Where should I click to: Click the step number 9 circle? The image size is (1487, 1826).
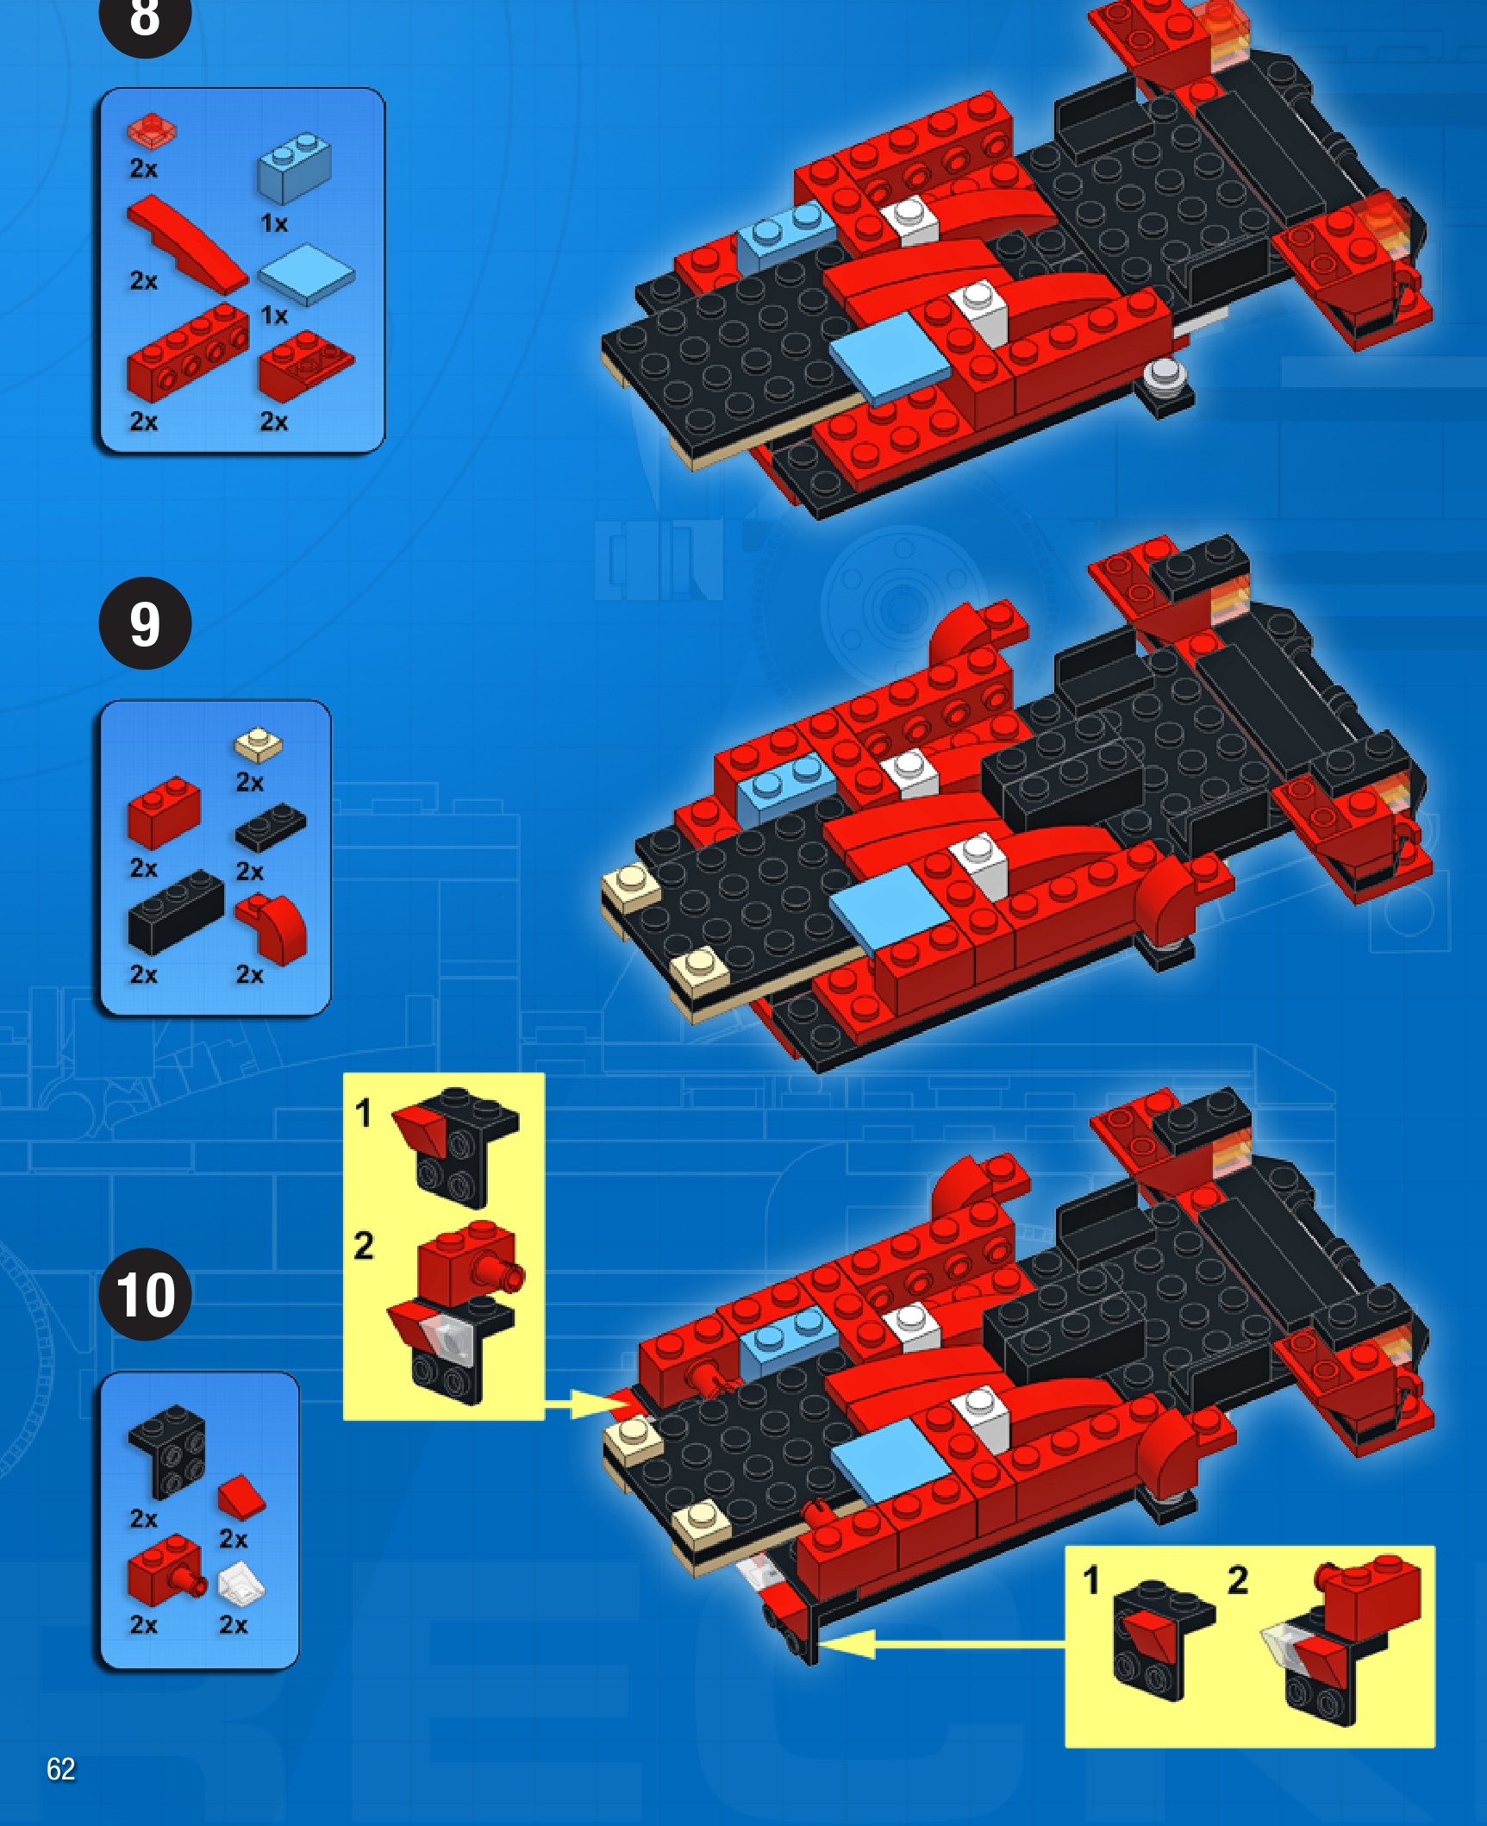(145, 623)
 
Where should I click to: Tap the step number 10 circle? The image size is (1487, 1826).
(145, 1294)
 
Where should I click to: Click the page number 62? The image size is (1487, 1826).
(60, 1769)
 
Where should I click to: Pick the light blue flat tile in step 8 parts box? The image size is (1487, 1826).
(306, 273)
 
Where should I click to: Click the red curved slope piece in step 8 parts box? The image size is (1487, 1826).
(186, 243)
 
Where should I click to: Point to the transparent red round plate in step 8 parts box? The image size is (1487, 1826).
(152, 130)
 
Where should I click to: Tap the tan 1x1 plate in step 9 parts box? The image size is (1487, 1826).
(258, 746)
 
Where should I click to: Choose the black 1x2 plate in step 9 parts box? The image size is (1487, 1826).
(271, 827)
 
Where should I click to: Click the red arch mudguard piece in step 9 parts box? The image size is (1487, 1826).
(272, 929)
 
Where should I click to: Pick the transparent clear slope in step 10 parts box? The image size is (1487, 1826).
(241, 1585)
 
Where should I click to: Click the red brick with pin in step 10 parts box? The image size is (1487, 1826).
(166, 1571)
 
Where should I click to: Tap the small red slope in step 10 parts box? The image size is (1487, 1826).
(241, 1497)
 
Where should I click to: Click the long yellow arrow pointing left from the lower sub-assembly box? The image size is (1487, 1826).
(942, 1644)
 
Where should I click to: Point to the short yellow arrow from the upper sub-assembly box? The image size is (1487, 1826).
(588, 1405)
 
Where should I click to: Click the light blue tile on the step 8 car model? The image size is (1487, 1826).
(889, 358)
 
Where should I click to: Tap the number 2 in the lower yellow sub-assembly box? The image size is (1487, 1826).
(1238, 1580)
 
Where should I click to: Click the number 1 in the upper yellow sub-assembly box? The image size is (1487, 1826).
(364, 1113)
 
